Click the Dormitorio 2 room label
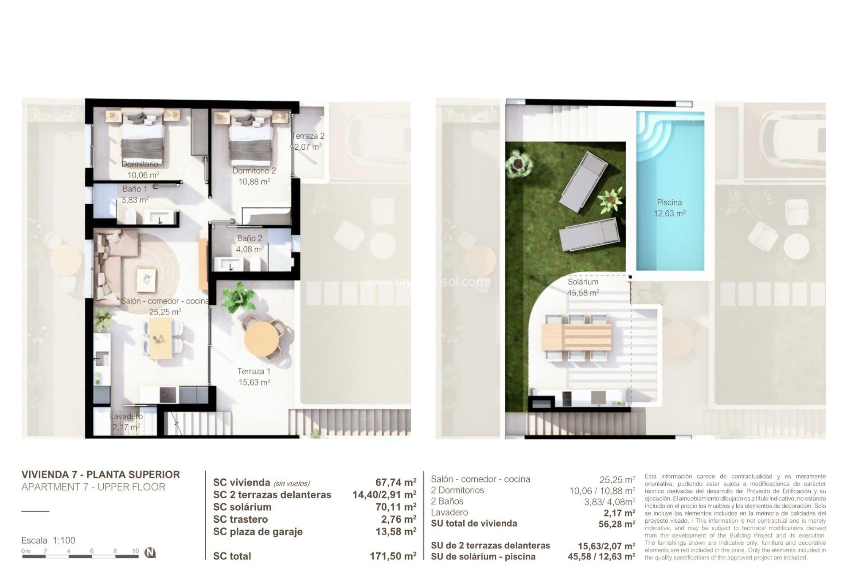click(254, 171)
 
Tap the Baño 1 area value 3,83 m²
click(135, 200)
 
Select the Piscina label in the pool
click(669, 202)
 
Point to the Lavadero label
click(126, 416)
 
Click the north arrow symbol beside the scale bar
click(151, 552)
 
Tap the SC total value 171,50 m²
click(393, 556)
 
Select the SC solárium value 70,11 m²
click(395, 507)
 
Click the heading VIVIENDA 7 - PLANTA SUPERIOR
click(101, 474)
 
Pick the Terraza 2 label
click(308, 136)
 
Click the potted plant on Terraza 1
click(238, 295)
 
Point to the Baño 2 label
click(250, 238)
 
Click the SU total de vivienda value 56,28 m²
click(617, 524)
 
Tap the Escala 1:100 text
click(48, 540)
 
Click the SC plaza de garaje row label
click(258, 532)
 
